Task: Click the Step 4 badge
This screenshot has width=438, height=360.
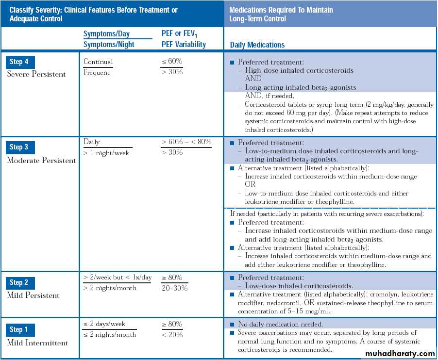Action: [20, 62]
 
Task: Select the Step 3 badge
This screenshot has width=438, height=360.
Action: [20, 147]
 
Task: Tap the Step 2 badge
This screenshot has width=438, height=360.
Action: [20, 282]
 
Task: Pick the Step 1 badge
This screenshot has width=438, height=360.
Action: [20, 330]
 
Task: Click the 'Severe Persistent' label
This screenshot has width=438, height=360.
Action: [36, 74]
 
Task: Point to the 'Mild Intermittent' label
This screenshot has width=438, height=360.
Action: [37, 343]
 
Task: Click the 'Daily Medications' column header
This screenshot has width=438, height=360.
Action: [257, 45]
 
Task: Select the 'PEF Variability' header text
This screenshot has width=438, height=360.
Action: [184, 44]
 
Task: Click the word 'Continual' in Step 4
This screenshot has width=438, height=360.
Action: [98, 62]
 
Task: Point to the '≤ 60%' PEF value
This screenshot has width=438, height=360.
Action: [172, 61]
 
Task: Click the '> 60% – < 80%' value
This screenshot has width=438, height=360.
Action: [186, 142]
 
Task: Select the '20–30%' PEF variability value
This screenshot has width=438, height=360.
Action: [174, 288]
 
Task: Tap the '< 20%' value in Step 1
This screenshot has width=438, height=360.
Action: [172, 335]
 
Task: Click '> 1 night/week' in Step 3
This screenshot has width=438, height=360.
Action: [106, 153]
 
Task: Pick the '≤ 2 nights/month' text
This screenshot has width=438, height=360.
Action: [109, 335]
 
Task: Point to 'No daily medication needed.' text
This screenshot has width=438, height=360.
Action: [280, 324]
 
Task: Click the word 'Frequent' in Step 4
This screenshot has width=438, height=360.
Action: [97, 73]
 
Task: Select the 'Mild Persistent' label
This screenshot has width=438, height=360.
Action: [33, 295]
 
